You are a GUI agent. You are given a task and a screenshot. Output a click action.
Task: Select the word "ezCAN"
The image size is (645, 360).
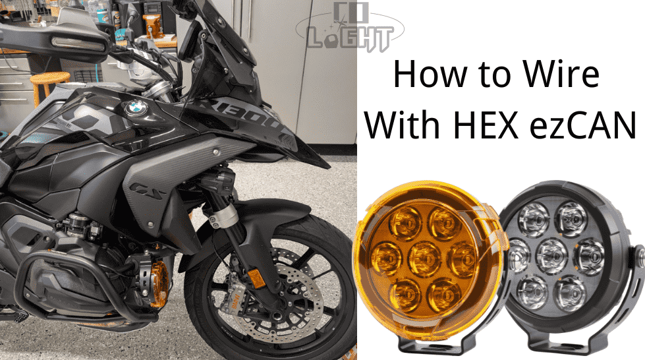(x=580, y=125)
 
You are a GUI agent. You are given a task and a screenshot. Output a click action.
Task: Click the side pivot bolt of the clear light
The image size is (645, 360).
(x=637, y=258)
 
